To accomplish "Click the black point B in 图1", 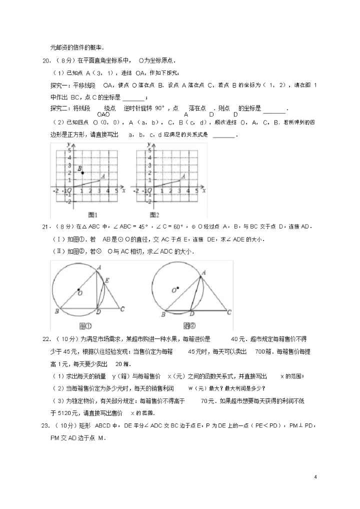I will pos(83,173).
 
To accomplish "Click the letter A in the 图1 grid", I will pos(103,176).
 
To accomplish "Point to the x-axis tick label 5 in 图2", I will pos(195,190).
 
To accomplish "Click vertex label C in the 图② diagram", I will pos(229,312).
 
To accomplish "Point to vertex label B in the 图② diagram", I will pos(163,315).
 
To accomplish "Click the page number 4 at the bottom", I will pos(316,476).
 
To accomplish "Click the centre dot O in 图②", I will pos(177,287).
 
